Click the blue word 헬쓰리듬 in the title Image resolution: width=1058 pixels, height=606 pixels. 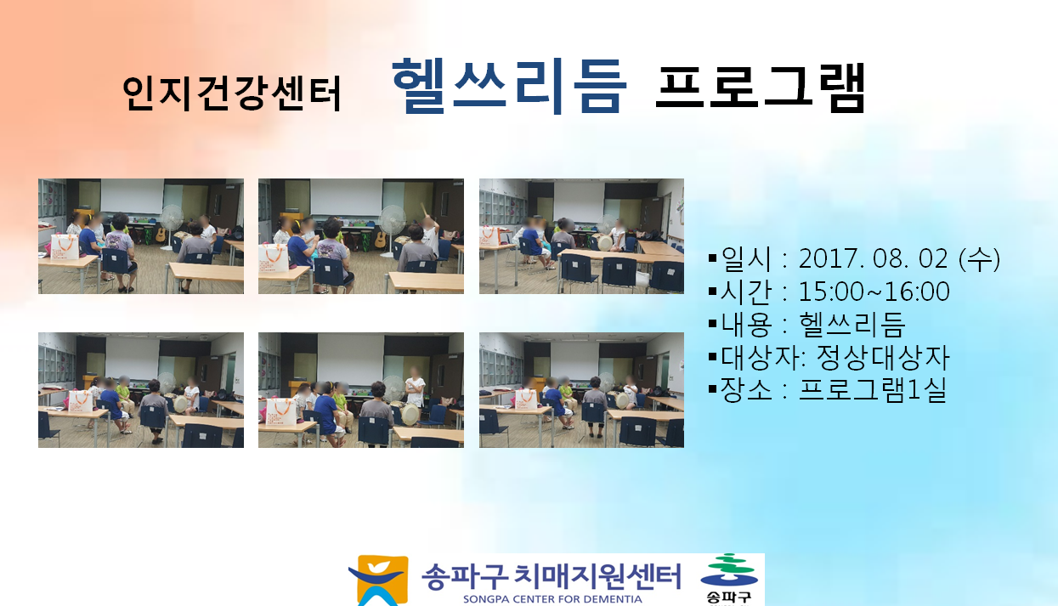(x=509, y=86)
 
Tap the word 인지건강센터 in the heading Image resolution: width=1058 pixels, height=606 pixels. (x=232, y=93)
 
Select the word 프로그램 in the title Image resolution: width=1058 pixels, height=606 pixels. (x=761, y=88)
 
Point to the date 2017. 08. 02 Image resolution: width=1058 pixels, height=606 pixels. (x=873, y=259)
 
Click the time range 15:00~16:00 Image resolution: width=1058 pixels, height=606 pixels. (x=874, y=292)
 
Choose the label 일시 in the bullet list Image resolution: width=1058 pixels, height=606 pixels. (x=746, y=259)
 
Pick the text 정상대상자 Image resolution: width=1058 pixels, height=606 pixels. (x=883, y=358)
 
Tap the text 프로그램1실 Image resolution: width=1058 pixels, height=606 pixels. (x=873, y=390)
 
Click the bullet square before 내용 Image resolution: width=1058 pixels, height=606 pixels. (x=713, y=324)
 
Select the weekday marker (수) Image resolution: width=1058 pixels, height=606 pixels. (x=979, y=259)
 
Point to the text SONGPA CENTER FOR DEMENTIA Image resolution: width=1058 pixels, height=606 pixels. (x=552, y=599)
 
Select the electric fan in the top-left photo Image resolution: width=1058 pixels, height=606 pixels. (x=171, y=224)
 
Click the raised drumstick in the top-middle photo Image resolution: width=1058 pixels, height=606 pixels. (x=424, y=209)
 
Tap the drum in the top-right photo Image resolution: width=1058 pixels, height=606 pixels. (x=605, y=242)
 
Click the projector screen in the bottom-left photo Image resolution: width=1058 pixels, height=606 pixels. (x=133, y=359)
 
